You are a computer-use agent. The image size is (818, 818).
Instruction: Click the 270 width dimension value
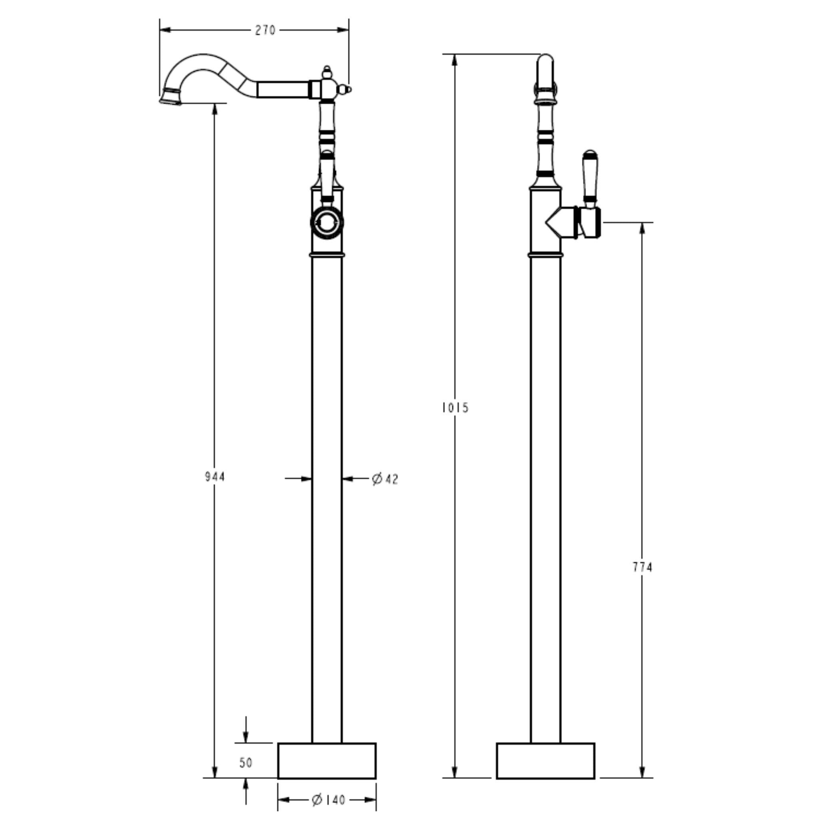point(265,30)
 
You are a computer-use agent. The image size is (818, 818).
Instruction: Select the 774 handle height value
point(643,567)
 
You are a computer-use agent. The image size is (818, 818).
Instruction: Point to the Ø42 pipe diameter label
point(385,479)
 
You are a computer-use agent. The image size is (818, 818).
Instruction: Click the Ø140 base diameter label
point(329,800)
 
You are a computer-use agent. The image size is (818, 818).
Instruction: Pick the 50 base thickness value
point(246,762)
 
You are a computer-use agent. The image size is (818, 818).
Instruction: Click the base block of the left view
point(327,760)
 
